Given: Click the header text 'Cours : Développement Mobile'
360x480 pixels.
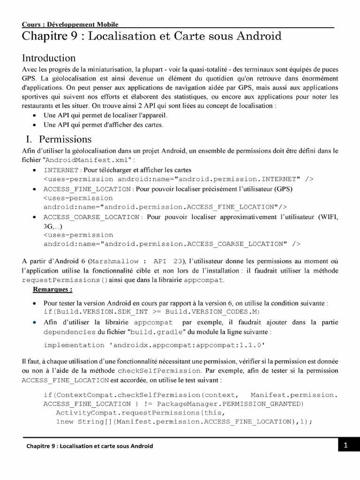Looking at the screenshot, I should pyautogui.click(x=70, y=24).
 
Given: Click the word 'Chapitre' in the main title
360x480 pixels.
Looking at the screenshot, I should pyautogui.click(x=44, y=37).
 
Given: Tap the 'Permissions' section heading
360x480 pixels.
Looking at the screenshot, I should pyautogui.click(x=65, y=139).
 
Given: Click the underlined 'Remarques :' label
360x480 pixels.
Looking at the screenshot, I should pyautogui.click(x=52, y=289).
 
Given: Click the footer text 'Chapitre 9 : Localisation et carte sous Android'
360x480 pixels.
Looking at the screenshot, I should pyautogui.click(x=89, y=446).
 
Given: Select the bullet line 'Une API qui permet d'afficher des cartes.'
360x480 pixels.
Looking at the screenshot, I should pyautogui.click(x=103, y=125).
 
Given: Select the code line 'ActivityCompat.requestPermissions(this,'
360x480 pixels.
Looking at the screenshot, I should pyautogui.click(x=140, y=412).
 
